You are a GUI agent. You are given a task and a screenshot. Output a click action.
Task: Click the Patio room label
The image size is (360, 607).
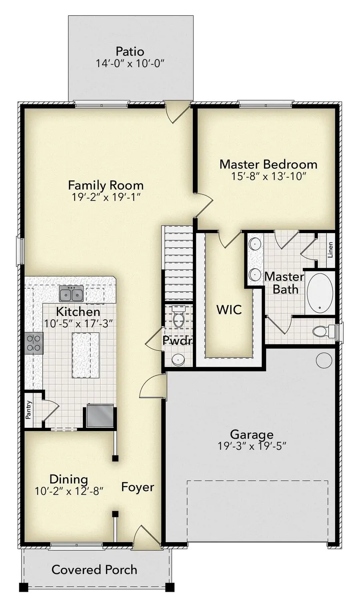pyautogui.click(x=130, y=52)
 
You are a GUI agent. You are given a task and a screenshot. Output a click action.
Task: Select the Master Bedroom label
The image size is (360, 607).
pyautogui.click(x=268, y=164)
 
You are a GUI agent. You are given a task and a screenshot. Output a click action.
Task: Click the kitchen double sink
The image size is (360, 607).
pyautogui.click(x=71, y=294)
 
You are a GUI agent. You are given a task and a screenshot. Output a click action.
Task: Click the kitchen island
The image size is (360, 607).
pyautogui.click(x=85, y=355)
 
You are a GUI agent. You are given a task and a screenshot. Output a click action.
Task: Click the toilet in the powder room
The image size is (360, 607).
pyautogui.click(x=178, y=316)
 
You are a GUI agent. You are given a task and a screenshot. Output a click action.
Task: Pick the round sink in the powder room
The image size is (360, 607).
pyautogui.click(x=178, y=360)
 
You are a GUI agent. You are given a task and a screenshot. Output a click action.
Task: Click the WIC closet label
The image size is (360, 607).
pyautogui.click(x=229, y=309)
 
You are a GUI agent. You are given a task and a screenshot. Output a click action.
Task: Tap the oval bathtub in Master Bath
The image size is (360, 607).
pyautogui.click(x=320, y=293)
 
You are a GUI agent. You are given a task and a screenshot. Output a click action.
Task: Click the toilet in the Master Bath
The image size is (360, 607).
pyautogui.click(x=322, y=331)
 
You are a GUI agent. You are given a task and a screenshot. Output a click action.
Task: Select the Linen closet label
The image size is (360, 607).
pyautogui.click(x=330, y=250)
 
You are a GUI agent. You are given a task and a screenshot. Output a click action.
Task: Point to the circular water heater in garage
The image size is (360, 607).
pyautogui.click(x=324, y=360)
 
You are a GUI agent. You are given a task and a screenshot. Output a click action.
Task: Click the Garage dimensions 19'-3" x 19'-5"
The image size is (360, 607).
pyautogui.click(x=252, y=445)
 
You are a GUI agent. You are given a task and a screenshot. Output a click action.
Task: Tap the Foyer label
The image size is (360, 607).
pyautogui.click(x=138, y=487)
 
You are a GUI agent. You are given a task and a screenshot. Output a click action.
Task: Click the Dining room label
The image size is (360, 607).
pyautogui.click(x=68, y=479)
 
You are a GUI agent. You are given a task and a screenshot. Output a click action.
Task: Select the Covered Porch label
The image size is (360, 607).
pyautogui.click(x=94, y=569)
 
